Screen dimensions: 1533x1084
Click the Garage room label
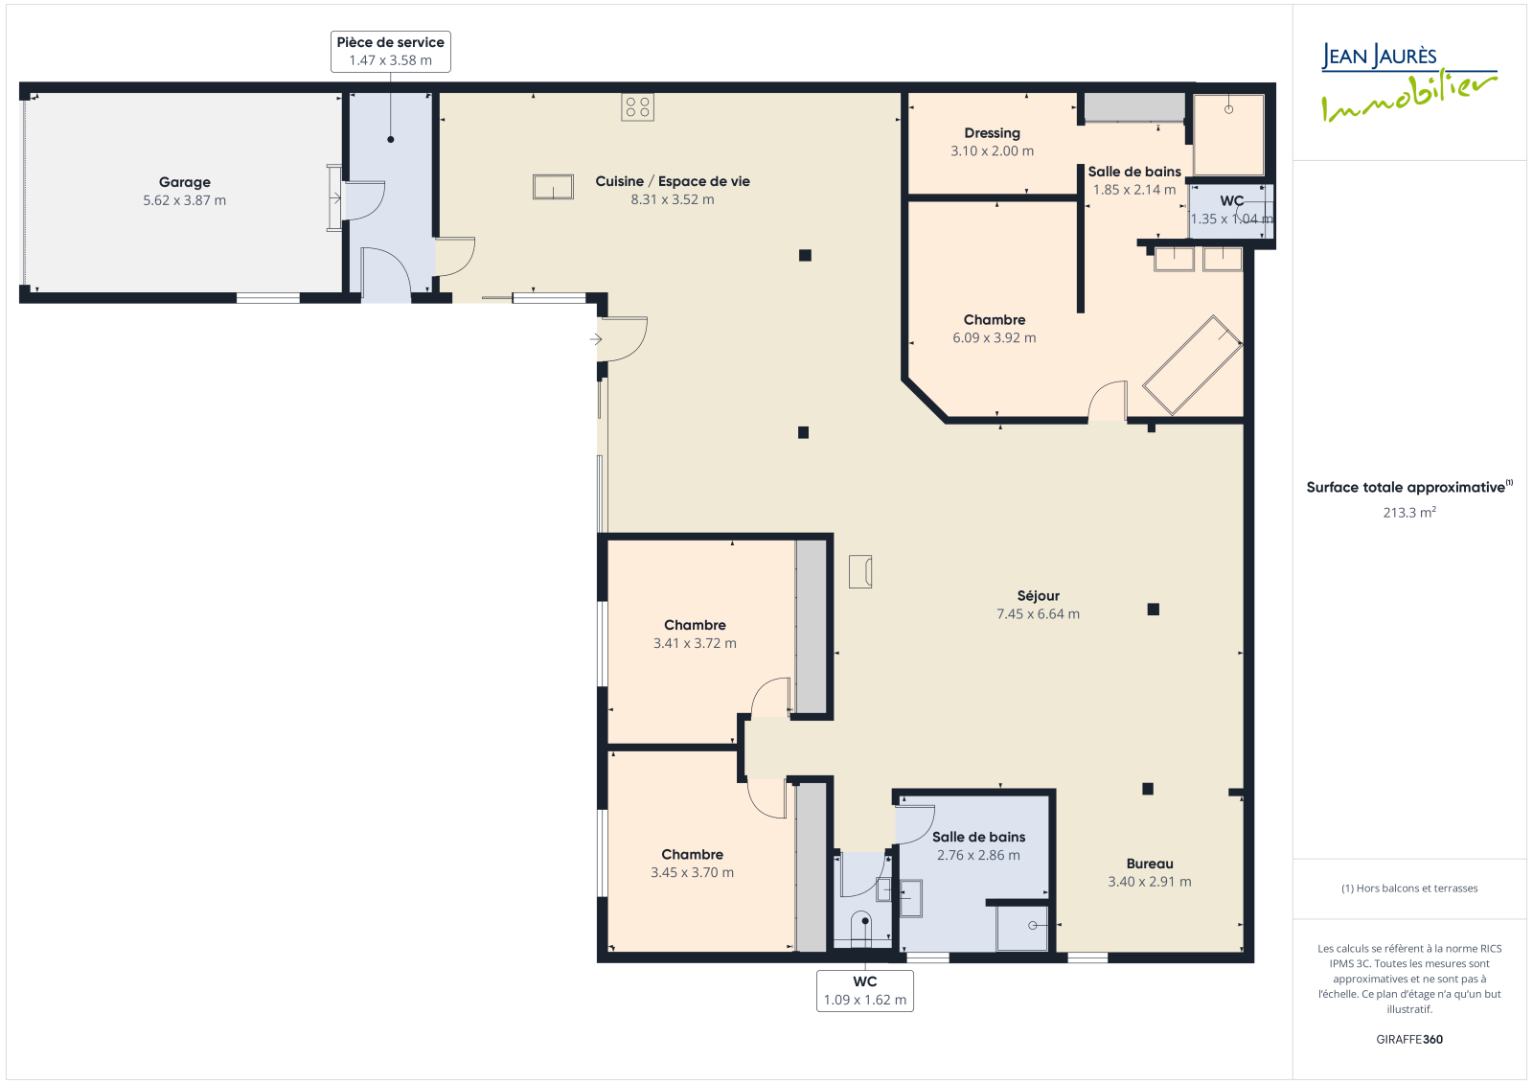(184, 182)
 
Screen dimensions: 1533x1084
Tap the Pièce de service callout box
(390, 52)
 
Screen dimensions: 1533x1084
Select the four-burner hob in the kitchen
(637, 106)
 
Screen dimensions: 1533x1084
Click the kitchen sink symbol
(553, 187)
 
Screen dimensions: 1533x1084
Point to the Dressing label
(992, 133)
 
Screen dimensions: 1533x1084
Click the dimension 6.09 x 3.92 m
(994, 337)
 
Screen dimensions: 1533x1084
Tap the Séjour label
(1038, 596)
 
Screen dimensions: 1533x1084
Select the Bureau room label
(1149, 864)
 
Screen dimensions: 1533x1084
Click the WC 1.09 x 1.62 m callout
(864, 990)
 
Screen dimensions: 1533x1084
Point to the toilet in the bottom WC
(863, 928)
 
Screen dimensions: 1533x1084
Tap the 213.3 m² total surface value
(1408, 512)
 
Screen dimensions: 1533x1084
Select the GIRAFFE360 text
(1409, 1039)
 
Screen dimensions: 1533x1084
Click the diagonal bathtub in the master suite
(1193, 365)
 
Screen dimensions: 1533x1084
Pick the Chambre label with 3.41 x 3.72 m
(695, 625)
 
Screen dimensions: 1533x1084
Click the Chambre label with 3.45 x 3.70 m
(692, 855)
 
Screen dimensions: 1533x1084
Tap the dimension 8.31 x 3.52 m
(672, 199)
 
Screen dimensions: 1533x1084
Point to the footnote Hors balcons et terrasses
(1409, 888)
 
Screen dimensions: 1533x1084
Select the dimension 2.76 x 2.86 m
(978, 855)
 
